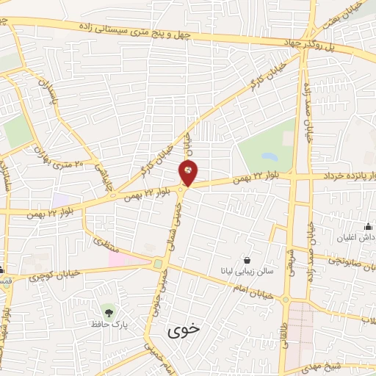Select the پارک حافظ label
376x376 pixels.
point(109,324)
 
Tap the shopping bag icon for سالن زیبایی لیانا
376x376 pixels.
point(246,260)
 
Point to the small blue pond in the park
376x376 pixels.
point(268,156)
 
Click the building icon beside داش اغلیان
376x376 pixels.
point(368,227)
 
